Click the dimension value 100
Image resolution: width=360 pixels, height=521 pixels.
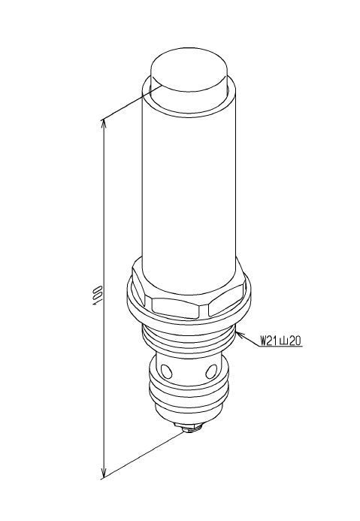tap(98, 295)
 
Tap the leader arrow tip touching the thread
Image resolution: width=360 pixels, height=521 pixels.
tap(237, 333)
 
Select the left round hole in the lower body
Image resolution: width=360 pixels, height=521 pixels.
tap(165, 370)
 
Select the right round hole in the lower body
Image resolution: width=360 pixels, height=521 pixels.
tap(211, 371)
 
